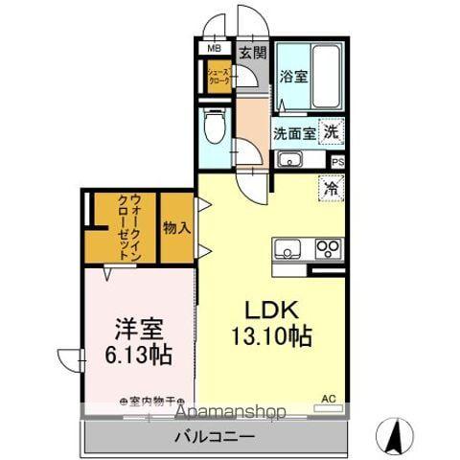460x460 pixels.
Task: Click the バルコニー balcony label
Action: pyautogui.click(x=214, y=437)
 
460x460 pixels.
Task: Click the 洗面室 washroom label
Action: pyautogui.click(x=294, y=133)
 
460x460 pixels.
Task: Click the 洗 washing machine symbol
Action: pyautogui.click(x=330, y=132)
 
